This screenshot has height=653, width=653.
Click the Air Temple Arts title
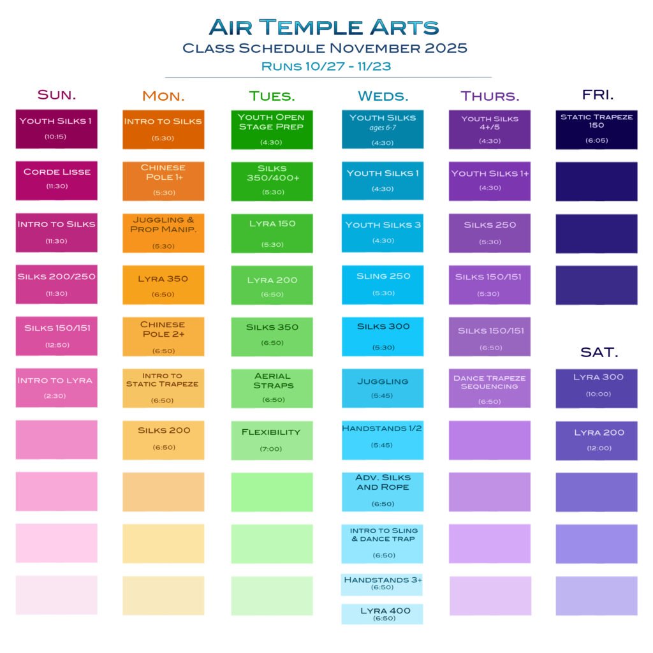[x=324, y=27]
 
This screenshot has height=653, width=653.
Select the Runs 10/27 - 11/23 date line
[x=326, y=66]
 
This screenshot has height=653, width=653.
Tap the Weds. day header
[x=383, y=96]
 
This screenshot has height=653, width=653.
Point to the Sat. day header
[x=599, y=352]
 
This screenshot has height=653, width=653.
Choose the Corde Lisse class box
[x=57, y=180]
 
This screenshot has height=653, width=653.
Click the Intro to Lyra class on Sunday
[x=57, y=388]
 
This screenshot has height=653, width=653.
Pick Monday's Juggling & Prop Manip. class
[x=163, y=233]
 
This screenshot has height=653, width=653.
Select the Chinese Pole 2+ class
[x=163, y=337]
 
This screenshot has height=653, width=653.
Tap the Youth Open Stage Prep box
[x=272, y=130]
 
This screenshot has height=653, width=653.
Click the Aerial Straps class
[x=272, y=388]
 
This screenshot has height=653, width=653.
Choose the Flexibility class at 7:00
[x=272, y=440]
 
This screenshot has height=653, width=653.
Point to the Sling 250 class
[x=383, y=285]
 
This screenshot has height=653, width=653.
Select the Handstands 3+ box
[x=382, y=584]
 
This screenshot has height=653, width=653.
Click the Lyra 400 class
[x=382, y=614]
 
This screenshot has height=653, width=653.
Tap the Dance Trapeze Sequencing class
[x=490, y=388]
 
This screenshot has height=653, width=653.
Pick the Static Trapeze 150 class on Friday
[x=596, y=129]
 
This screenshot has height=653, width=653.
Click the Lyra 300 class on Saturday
[x=596, y=388]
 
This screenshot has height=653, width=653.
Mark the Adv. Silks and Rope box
[x=383, y=492]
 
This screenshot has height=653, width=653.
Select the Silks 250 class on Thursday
[x=490, y=233]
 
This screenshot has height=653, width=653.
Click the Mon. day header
[x=163, y=96]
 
